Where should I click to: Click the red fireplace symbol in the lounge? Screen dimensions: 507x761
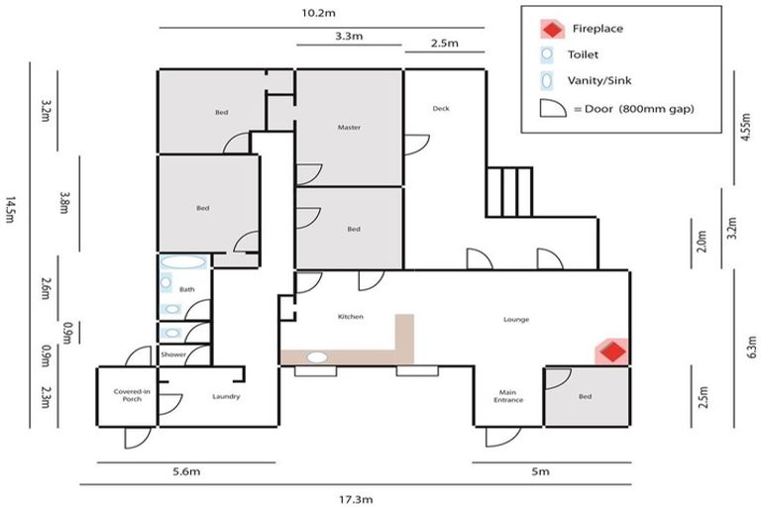(x=613, y=352)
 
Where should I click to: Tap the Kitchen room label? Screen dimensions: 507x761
(x=351, y=317)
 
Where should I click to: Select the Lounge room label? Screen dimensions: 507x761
(x=515, y=319)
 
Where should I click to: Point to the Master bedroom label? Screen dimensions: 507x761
(x=348, y=128)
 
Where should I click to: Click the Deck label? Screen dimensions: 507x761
(x=441, y=108)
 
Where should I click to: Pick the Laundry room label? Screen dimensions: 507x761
(x=226, y=397)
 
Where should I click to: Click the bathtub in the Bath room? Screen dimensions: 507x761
(x=183, y=263)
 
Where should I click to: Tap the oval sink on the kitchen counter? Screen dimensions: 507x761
(x=318, y=356)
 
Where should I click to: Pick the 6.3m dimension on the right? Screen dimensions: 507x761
(x=752, y=347)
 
